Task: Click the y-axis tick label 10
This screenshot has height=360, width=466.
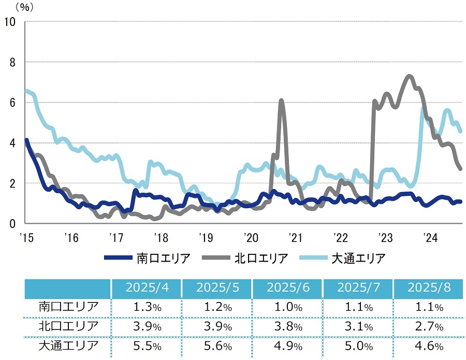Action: (x=10, y=21)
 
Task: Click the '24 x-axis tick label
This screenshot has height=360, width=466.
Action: (x=430, y=238)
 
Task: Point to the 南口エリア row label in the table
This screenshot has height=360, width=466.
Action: (x=68, y=307)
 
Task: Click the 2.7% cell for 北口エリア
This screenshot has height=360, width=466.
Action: (x=429, y=327)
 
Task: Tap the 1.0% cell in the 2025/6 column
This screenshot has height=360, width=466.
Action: (x=287, y=307)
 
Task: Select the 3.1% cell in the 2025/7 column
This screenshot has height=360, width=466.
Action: (x=358, y=327)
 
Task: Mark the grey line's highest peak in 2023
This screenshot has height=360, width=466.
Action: (x=409, y=76)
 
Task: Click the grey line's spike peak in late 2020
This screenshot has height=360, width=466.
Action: (x=281, y=100)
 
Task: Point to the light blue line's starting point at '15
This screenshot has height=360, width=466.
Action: (x=26, y=90)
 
